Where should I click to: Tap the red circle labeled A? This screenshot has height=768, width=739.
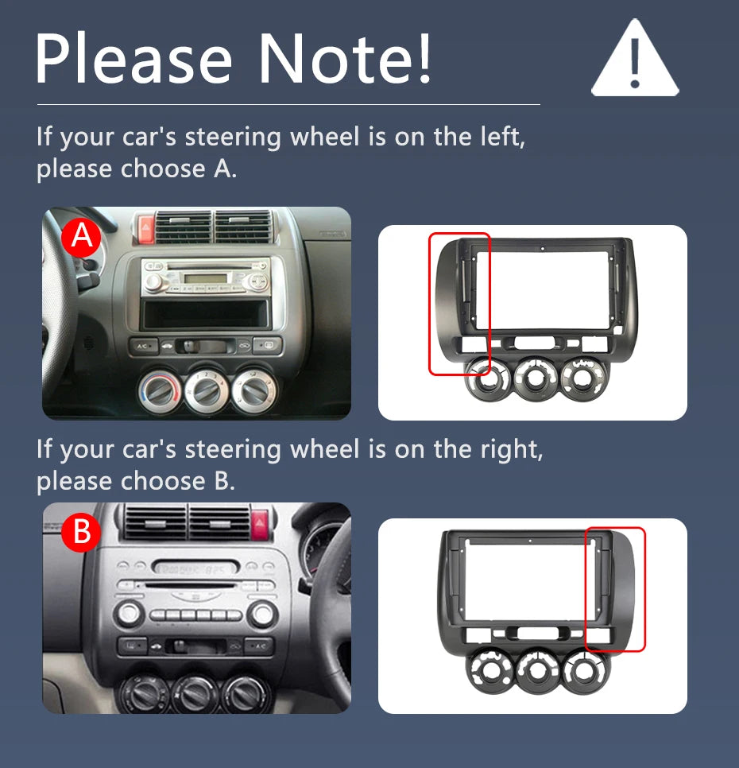(x=81, y=237)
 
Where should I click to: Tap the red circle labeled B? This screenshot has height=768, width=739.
(x=82, y=533)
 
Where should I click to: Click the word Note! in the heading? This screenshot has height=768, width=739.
(x=346, y=59)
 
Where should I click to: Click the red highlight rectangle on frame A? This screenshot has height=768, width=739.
(x=459, y=303)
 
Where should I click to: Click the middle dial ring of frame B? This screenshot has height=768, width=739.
(x=540, y=670)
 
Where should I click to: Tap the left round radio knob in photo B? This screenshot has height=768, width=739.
(x=129, y=613)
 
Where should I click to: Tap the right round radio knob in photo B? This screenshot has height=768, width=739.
(x=261, y=613)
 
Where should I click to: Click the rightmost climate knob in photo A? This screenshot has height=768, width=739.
(x=252, y=390)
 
